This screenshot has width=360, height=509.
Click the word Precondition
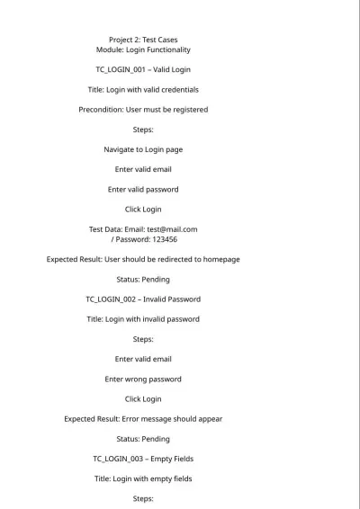tap(100, 110)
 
